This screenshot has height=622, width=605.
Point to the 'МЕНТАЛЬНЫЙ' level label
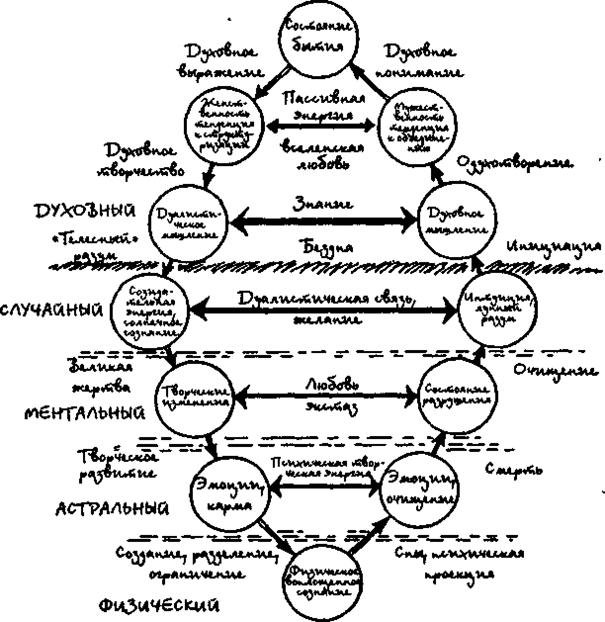tap(85, 412)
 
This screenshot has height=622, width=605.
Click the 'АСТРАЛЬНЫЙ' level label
tap(112, 509)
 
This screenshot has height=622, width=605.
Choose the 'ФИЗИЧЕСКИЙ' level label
tap(159, 605)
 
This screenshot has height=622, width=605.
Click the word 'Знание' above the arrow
tap(323, 203)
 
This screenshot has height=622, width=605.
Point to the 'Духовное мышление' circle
tap(457, 221)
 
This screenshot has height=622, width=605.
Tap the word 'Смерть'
tap(514, 468)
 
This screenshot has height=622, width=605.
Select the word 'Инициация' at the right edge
tap(554, 245)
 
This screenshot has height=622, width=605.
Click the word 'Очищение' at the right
tap(556, 370)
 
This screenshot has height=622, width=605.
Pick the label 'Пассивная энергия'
tap(324, 106)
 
